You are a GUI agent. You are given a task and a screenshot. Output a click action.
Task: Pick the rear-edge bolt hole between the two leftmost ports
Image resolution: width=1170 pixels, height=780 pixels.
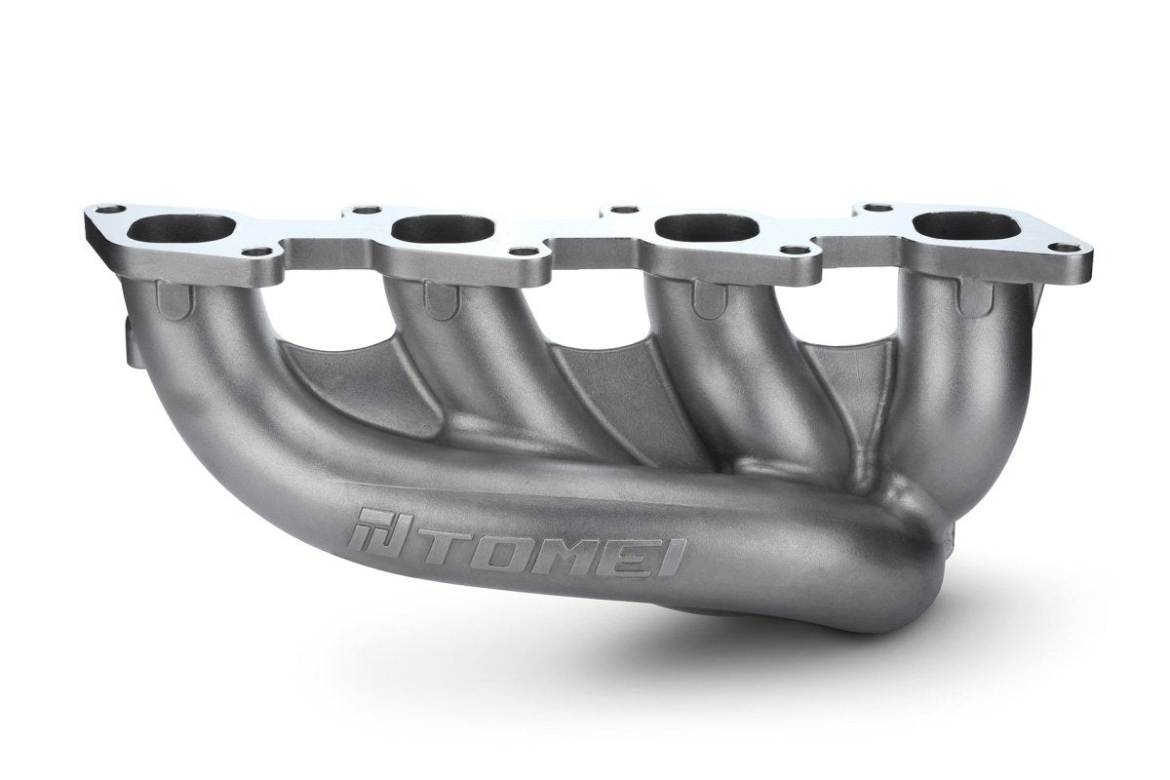click(366, 210)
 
